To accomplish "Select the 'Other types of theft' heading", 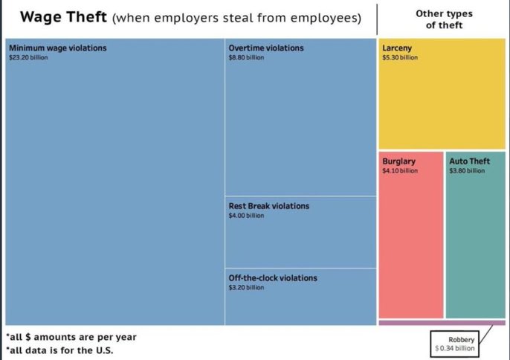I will (x=444, y=19).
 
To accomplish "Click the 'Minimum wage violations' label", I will (x=58, y=48).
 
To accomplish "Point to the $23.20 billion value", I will (x=28, y=58).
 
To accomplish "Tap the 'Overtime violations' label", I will (x=266, y=48).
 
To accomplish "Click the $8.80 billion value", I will (x=246, y=58).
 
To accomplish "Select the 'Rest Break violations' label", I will (x=268, y=206).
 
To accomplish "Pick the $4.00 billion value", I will (x=246, y=216).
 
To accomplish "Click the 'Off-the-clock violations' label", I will (x=273, y=278).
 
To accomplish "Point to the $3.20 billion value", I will (x=246, y=288).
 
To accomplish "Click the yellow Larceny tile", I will (x=442, y=104).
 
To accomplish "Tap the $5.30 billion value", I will (x=400, y=58).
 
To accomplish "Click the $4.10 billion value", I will (x=400, y=170).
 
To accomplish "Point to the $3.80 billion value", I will (x=467, y=170).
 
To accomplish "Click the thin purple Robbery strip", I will (x=442, y=323).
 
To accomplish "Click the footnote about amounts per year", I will (x=71, y=337).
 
